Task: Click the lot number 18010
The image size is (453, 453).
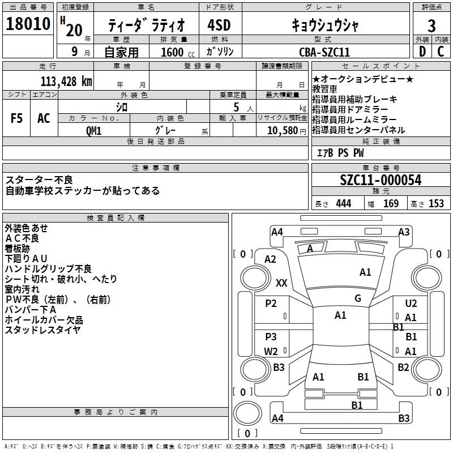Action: click(28, 26)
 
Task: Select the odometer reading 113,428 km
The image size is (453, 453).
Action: click(66, 81)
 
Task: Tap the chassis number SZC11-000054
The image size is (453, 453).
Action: click(381, 180)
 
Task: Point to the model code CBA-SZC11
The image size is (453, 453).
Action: click(324, 52)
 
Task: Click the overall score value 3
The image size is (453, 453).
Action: click(431, 26)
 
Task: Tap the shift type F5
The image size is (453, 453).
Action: click(17, 118)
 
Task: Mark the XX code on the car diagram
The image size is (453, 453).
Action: click(281, 283)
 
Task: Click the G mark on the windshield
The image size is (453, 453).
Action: click(358, 298)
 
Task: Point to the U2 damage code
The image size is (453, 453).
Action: click(411, 304)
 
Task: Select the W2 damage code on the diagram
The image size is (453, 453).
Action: click(271, 351)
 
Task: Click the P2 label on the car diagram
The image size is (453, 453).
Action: click(271, 304)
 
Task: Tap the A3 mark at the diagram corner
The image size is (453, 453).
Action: click(404, 232)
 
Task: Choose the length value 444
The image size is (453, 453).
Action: click(343, 203)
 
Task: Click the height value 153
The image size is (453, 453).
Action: click(436, 203)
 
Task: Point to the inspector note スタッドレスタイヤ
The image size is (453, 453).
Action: click(43, 330)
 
